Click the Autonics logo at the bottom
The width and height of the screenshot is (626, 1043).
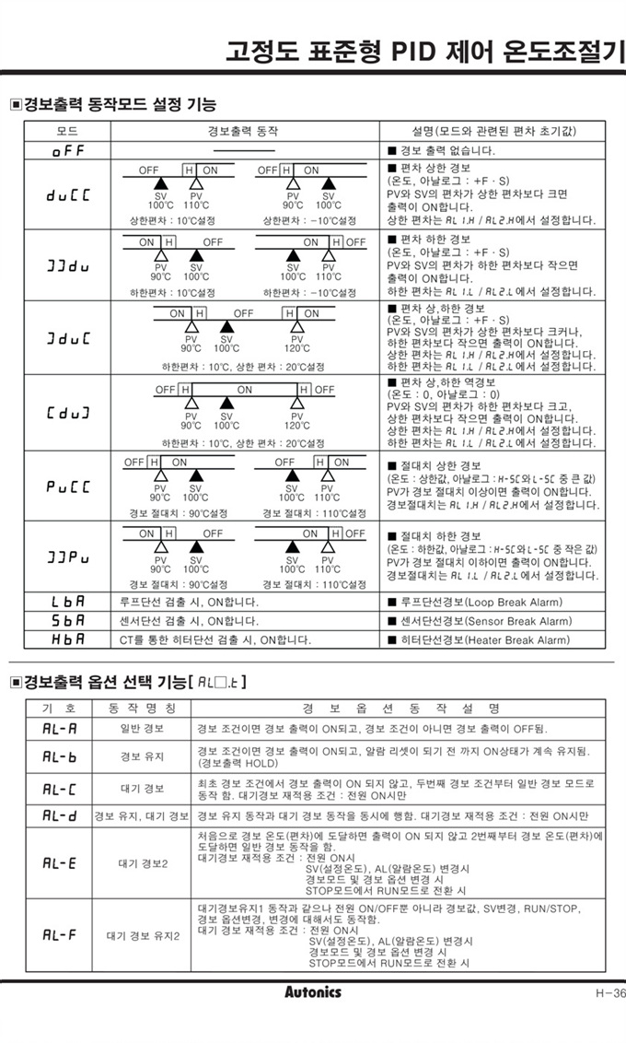click(313, 991)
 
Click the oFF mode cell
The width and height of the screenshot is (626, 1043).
click(66, 150)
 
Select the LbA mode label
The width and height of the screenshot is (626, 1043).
click(66, 602)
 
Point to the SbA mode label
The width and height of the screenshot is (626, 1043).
click(66, 620)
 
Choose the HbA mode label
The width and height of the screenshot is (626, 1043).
click(66, 639)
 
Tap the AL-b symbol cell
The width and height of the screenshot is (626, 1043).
click(60, 756)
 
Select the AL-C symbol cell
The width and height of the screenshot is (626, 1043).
click(60, 789)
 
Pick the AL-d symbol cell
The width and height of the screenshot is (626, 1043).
click(60, 816)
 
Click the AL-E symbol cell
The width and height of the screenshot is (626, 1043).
click(60, 863)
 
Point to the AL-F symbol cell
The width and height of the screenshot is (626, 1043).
click(60, 935)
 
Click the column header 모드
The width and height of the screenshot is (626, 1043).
click(66, 131)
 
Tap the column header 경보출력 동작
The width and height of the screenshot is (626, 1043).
click(244, 131)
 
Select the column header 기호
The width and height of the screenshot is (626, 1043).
click(60, 708)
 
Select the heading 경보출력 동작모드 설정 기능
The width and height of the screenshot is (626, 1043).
click(120, 103)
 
